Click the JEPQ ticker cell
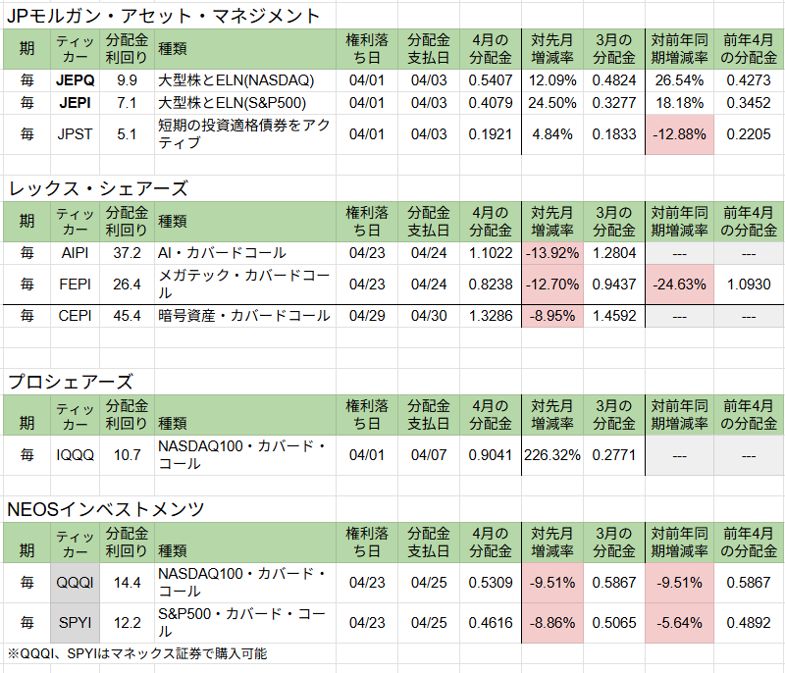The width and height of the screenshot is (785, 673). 76,78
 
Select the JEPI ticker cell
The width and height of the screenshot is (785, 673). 76,102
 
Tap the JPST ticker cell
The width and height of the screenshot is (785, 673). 76,134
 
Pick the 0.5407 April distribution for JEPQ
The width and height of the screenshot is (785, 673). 491,78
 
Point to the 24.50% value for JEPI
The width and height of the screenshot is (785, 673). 551,102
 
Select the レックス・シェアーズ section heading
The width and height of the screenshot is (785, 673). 97,188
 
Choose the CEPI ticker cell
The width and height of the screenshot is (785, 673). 76,316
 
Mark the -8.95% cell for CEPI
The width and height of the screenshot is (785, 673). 551,316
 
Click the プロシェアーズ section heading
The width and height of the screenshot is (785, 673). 70,382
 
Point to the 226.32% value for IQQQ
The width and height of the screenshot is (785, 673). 551,455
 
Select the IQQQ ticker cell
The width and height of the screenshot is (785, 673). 76,455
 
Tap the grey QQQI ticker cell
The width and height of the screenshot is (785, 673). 76,583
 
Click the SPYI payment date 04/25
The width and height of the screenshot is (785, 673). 429,623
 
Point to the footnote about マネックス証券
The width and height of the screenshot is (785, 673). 137,653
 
